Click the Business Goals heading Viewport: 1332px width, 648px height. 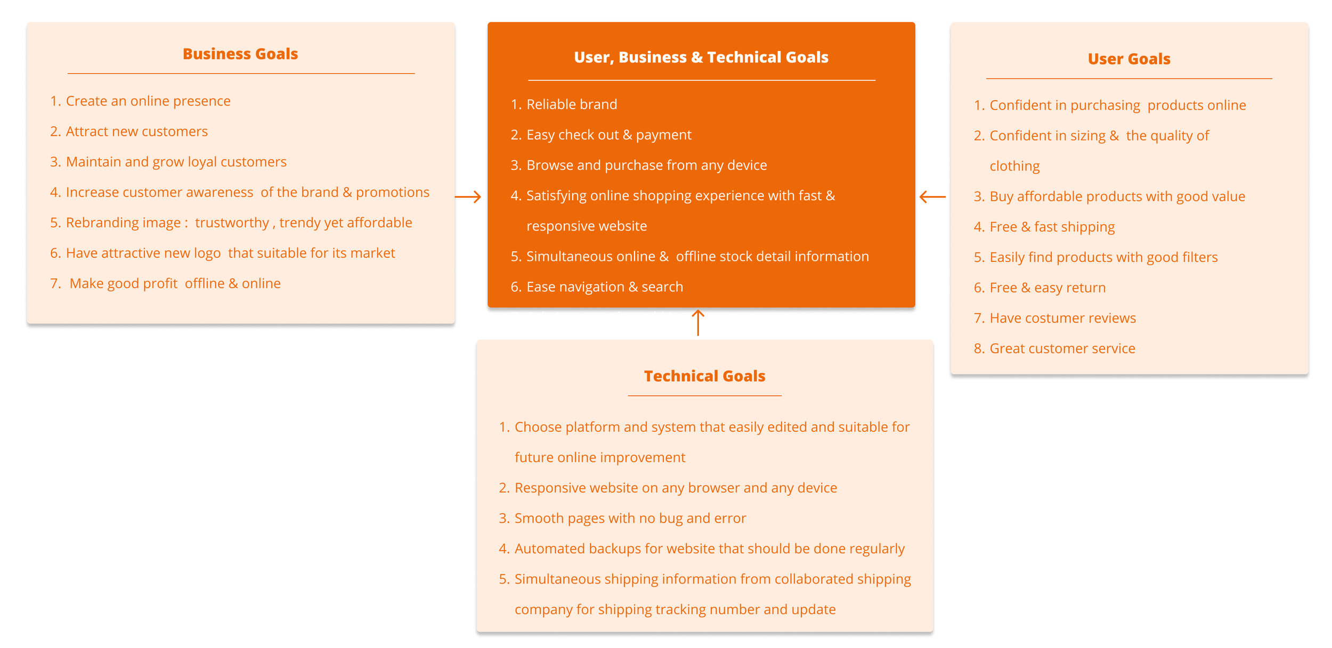pyautogui.click(x=240, y=54)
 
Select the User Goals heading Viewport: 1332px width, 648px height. pyautogui.click(x=1128, y=59)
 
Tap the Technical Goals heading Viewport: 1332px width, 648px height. pyautogui.click(x=704, y=376)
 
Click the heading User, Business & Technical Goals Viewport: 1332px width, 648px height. pyautogui.click(x=701, y=57)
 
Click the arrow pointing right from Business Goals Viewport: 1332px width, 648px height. pyautogui.click(x=468, y=197)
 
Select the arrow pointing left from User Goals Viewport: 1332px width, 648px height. pyautogui.click(x=932, y=197)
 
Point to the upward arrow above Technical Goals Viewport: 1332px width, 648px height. pyautogui.click(x=697, y=323)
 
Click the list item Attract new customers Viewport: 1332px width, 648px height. pyautogui.click(x=136, y=132)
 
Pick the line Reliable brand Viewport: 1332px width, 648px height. pyautogui.click(x=571, y=104)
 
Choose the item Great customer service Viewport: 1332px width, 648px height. pyautogui.click(x=1062, y=348)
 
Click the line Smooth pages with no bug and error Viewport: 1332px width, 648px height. pyautogui.click(x=630, y=518)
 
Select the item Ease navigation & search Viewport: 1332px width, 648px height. pyautogui.click(x=604, y=287)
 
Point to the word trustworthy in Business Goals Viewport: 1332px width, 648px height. pyautogui.click(x=232, y=223)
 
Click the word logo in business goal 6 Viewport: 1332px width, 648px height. pyautogui.click(x=207, y=253)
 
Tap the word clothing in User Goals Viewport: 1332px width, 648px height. pyautogui.click(x=1014, y=166)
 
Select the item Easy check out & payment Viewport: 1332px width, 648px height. pyautogui.click(x=608, y=135)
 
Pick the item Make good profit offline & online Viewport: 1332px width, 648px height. pyautogui.click(x=175, y=284)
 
